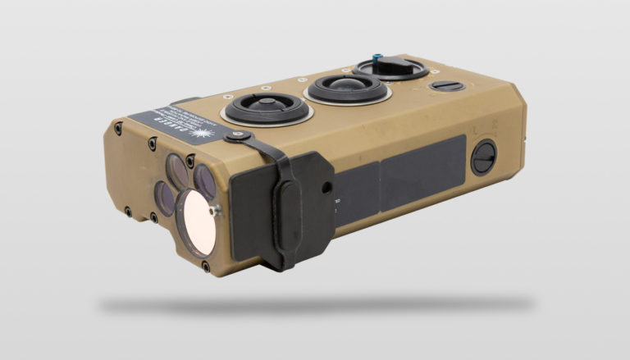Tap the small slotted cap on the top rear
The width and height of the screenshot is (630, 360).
click(x=448, y=85)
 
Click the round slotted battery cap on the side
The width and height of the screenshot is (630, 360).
click(x=484, y=156)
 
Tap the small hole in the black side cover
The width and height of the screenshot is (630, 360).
click(x=327, y=188)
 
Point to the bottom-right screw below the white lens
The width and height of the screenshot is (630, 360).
click(x=204, y=267)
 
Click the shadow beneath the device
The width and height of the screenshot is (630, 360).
click(x=320, y=304)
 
